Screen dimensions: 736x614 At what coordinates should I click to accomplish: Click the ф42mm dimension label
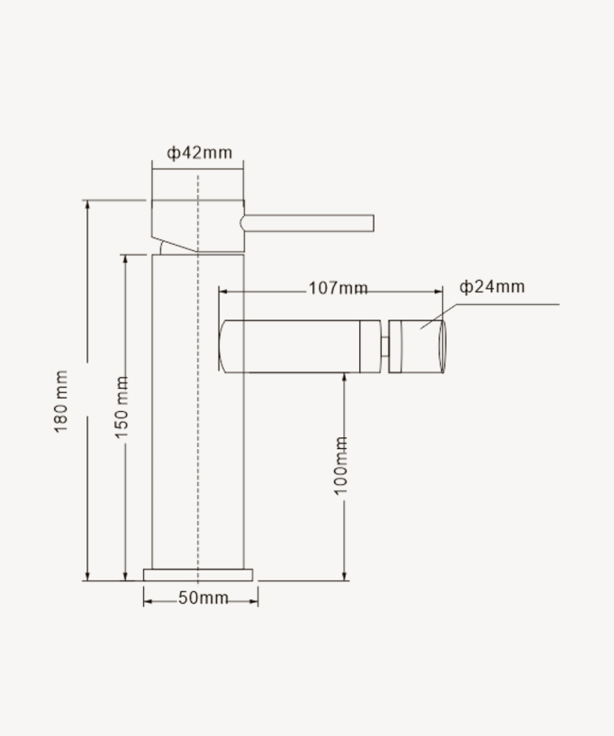pos(199,152)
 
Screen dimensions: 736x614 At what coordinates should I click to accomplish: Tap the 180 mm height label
pos(61,401)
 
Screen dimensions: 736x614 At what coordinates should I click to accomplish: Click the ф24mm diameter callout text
pos(492,287)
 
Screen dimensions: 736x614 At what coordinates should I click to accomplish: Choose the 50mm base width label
pos(203,598)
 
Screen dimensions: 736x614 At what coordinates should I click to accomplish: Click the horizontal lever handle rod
pos(311,223)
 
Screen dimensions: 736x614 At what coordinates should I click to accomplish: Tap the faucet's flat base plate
pos(199,574)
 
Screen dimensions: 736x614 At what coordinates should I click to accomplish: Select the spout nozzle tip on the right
pos(417,346)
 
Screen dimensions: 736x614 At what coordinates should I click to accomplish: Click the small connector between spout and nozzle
pos(385,346)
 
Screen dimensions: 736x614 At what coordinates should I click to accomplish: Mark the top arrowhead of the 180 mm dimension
pos(87,204)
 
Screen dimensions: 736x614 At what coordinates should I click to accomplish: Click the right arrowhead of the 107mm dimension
pos(440,291)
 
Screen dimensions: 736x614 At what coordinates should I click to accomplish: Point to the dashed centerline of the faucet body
pos(197,405)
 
